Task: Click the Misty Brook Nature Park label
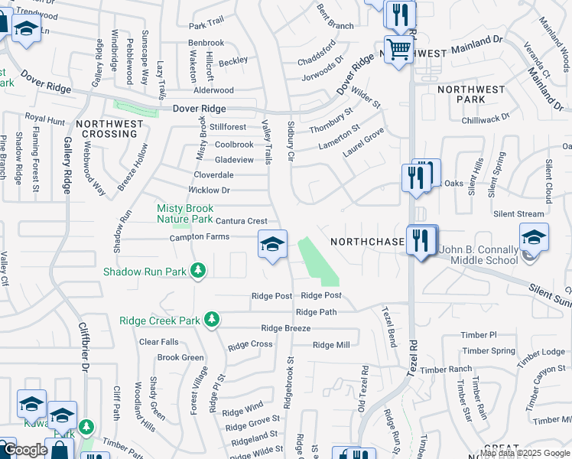pos(185,213)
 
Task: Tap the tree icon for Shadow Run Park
pos(198,270)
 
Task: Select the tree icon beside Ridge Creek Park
pos(216,320)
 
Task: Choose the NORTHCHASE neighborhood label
pos(367,242)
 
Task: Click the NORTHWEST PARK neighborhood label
pos(472,94)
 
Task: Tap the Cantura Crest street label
pos(241,221)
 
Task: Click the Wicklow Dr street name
pos(210,190)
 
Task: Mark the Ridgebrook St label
pos(289,381)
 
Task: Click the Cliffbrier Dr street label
pos(83,345)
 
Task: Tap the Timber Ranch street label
pos(446,369)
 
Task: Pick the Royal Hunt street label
pos(45,119)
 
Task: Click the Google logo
pos(25,450)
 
